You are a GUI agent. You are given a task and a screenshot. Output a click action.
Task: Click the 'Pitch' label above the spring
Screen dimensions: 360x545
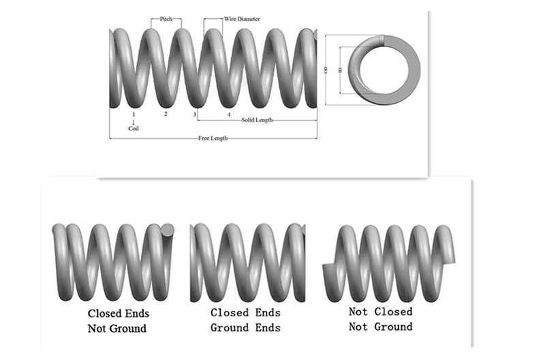click(x=166, y=19)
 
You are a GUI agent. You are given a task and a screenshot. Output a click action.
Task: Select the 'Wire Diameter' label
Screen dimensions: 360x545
click(x=241, y=19)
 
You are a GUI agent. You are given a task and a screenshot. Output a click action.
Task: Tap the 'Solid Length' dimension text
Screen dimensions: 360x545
click(x=257, y=120)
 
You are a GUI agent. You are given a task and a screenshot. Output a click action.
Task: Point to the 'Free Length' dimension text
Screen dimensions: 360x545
click(x=213, y=138)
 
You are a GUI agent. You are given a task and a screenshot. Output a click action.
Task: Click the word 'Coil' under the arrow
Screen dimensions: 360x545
click(x=134, y=128)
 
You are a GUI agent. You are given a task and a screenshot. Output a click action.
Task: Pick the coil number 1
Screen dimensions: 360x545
click(x=134, y=114)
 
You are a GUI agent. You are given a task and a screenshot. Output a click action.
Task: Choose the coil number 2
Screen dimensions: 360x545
click(x=165, y=114)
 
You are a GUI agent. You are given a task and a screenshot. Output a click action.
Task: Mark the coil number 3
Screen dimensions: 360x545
click(x=194, y=114)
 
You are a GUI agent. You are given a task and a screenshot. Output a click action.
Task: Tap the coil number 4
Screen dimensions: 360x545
click(x=229, y=114)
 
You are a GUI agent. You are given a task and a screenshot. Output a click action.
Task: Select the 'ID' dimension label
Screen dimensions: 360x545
click(x=340, y=69)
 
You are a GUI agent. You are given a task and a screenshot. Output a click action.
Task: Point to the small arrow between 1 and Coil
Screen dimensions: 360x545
click(x=134, y=121)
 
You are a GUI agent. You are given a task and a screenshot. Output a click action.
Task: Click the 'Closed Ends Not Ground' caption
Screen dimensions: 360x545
click(x=117, y=321)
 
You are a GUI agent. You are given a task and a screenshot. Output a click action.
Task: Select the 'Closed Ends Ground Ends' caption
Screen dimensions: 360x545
click(x=245, y=320)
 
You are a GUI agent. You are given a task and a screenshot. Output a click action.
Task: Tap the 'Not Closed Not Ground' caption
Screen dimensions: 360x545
click(x=380, y=319)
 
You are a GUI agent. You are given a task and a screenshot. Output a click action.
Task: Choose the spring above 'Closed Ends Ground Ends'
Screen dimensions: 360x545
click(x=247, y=262)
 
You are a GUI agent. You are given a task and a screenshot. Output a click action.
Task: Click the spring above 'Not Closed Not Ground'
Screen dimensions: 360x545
click(x=388, y=262)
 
